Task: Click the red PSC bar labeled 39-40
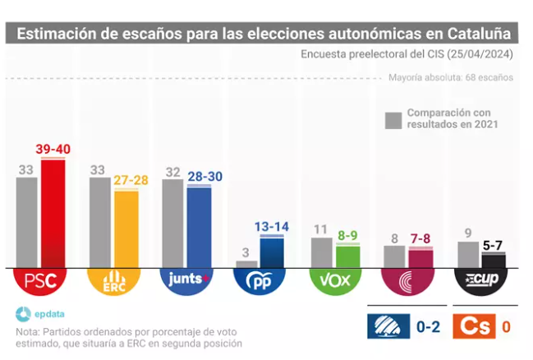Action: pos(53,214)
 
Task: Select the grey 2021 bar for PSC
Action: pos(27,222)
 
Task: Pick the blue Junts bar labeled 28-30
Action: pos(199,226)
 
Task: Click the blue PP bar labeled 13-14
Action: pos(272,252)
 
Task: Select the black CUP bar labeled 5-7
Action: pos(493,261)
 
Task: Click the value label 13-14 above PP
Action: pos(271,227)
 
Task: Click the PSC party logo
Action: pos(39,283)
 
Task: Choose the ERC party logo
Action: pos(113,283)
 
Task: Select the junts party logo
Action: pos(186,283)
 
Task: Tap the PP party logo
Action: pos(260,283)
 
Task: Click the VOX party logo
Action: pos(334,283)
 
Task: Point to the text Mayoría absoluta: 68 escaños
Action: pos(451,78)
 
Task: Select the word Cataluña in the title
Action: pos(483,34)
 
